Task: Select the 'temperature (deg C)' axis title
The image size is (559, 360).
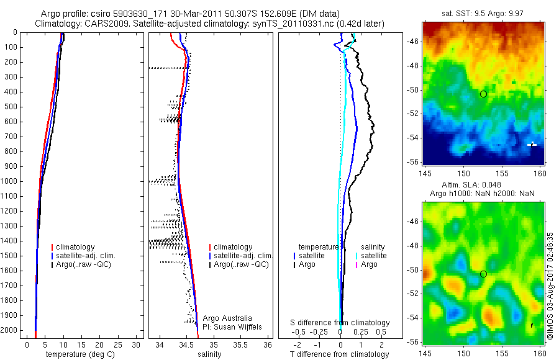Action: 78,354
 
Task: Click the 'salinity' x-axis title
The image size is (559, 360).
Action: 209,354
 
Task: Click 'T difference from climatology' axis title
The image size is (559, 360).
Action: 339,354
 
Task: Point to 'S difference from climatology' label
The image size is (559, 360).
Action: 340,323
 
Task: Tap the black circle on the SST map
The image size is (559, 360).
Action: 483,94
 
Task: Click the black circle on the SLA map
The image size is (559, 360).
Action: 483,274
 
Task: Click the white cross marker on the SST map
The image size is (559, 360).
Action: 532,144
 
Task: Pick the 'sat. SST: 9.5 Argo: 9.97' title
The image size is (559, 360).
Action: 481,12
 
